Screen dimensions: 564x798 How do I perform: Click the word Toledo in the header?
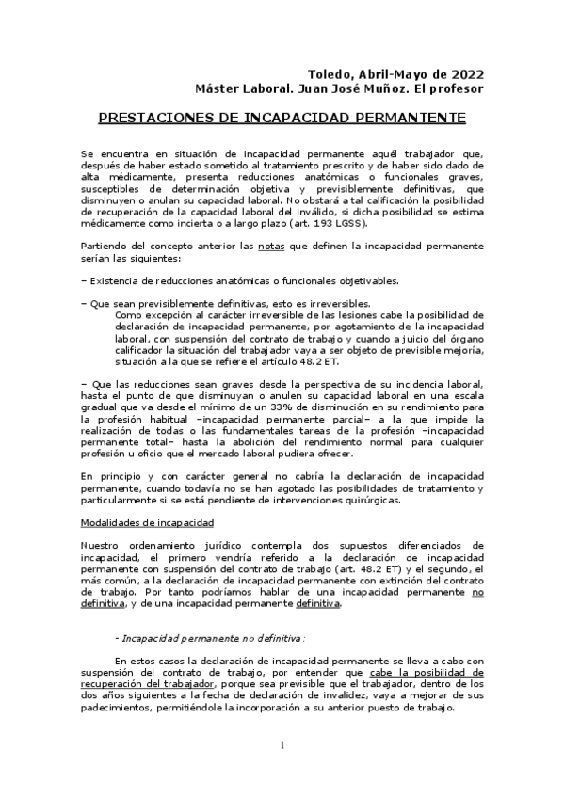(x=331, y=73)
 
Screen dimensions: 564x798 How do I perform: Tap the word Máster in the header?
(x=218, y=89)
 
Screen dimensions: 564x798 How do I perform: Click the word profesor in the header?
(x=457, y=89)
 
